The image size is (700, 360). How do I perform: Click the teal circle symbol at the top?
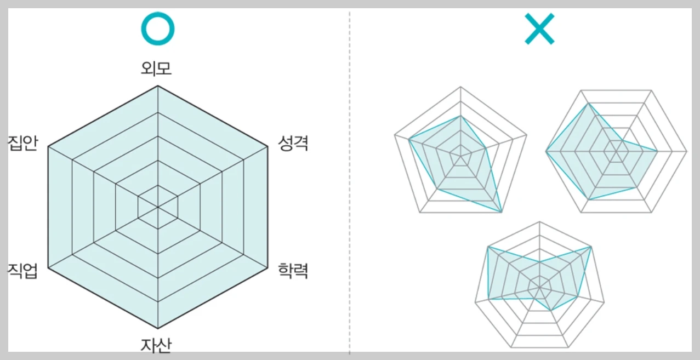(x=157, y=28)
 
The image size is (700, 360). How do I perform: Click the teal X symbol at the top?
(x=539, y=29)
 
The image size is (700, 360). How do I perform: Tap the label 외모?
(x=157, y=68)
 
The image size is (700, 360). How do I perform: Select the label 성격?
(x=293, y=143)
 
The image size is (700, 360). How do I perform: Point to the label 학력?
(x=293, y=270)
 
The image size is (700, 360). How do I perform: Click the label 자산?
(x=157, y=345)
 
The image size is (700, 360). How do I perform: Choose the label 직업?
(x=22, y=270)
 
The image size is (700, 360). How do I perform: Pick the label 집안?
(x=22, y=143)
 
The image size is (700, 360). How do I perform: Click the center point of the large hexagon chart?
(x=158, y=207)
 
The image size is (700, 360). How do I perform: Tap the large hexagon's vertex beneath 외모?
(x=158, y=86)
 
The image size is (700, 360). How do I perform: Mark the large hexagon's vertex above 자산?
(x=158, y=329)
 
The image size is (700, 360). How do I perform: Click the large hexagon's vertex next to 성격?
(x=268, y=147)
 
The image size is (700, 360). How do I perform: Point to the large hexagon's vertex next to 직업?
(x=48, y=268)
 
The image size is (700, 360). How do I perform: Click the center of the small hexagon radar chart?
(x=617, y=151)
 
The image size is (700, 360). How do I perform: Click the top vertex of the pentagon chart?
(x=460, y=87)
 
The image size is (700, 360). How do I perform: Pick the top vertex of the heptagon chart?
(x=540, y=221)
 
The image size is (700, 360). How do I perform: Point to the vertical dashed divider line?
(x=350, y=181)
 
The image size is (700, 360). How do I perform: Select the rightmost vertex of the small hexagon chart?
(x=687, y=151)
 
